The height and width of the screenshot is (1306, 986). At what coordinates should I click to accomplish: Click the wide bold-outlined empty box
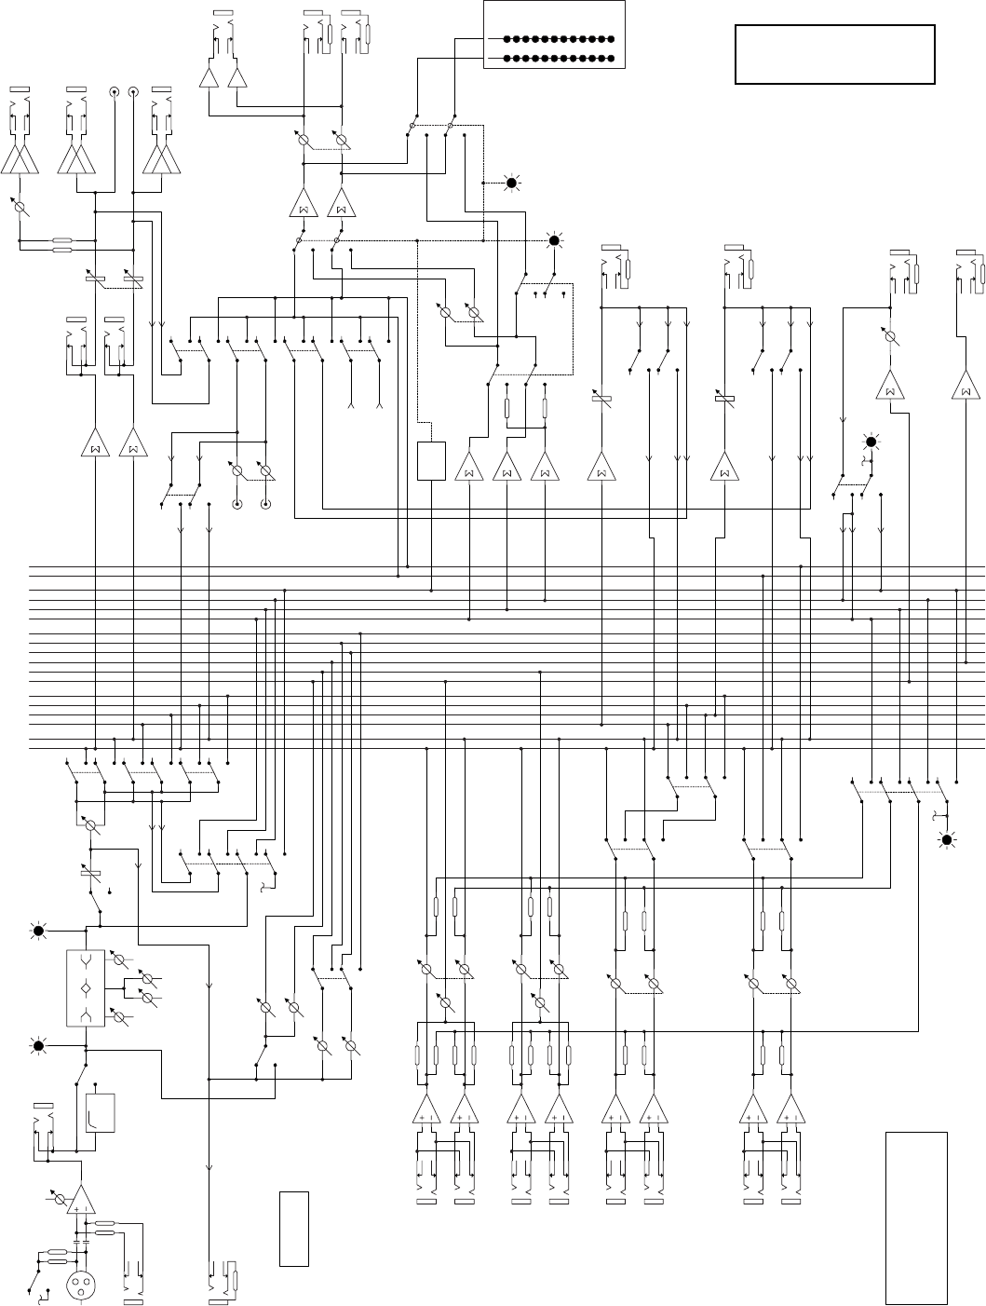834,55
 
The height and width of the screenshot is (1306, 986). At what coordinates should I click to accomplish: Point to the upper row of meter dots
559,40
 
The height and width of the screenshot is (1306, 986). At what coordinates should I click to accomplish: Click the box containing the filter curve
99,1111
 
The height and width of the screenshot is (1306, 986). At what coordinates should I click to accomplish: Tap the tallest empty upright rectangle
916,1218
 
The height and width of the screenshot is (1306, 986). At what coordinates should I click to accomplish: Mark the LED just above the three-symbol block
39,931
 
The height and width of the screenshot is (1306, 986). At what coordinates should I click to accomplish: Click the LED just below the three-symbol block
39,1046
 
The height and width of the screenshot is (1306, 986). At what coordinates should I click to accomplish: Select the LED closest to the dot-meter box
510,183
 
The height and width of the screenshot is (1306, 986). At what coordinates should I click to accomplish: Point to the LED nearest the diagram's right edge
948,840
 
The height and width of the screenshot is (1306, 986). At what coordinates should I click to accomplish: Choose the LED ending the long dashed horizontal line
554,240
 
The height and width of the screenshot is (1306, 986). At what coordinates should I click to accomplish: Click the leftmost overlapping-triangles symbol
20,159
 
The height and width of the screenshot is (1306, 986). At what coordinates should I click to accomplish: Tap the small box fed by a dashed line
431,461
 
